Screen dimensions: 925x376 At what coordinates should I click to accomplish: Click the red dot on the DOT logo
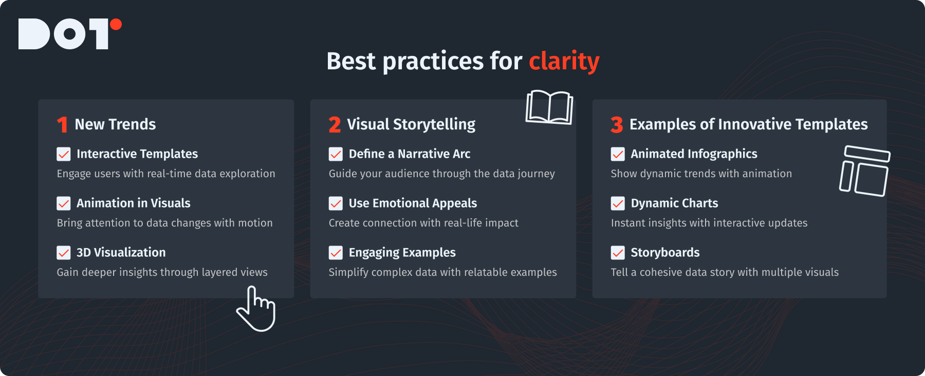(116, 24)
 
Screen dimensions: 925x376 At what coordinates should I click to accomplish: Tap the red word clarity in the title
(564, 62)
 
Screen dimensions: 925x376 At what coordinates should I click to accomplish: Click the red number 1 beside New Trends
(62, 125)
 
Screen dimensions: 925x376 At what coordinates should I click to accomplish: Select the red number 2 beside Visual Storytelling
(335, 125)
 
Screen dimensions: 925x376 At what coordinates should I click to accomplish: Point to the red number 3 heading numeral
(617, 125)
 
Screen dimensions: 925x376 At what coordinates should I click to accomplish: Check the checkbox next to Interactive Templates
(64, 154)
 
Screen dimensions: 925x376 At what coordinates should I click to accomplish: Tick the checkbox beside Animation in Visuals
(64, 203)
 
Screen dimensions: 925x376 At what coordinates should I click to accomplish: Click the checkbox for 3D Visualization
(64, 253)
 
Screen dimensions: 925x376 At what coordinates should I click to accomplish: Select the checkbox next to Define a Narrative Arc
(336, 154)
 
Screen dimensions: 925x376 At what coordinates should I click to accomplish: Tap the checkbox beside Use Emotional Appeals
(336, 203)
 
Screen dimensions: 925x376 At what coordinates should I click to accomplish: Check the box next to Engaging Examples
(336, 253)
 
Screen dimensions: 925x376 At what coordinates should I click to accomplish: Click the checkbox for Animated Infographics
(618, 154)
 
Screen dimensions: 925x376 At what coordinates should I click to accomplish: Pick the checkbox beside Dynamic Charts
(618, 203)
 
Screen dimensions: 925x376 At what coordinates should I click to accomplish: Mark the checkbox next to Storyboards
(618, 253)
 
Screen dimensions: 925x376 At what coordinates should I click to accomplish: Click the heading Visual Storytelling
(411, 125)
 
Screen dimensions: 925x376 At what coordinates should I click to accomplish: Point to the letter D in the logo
(34, 34)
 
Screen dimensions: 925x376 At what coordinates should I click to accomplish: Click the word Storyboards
(665, 253)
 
